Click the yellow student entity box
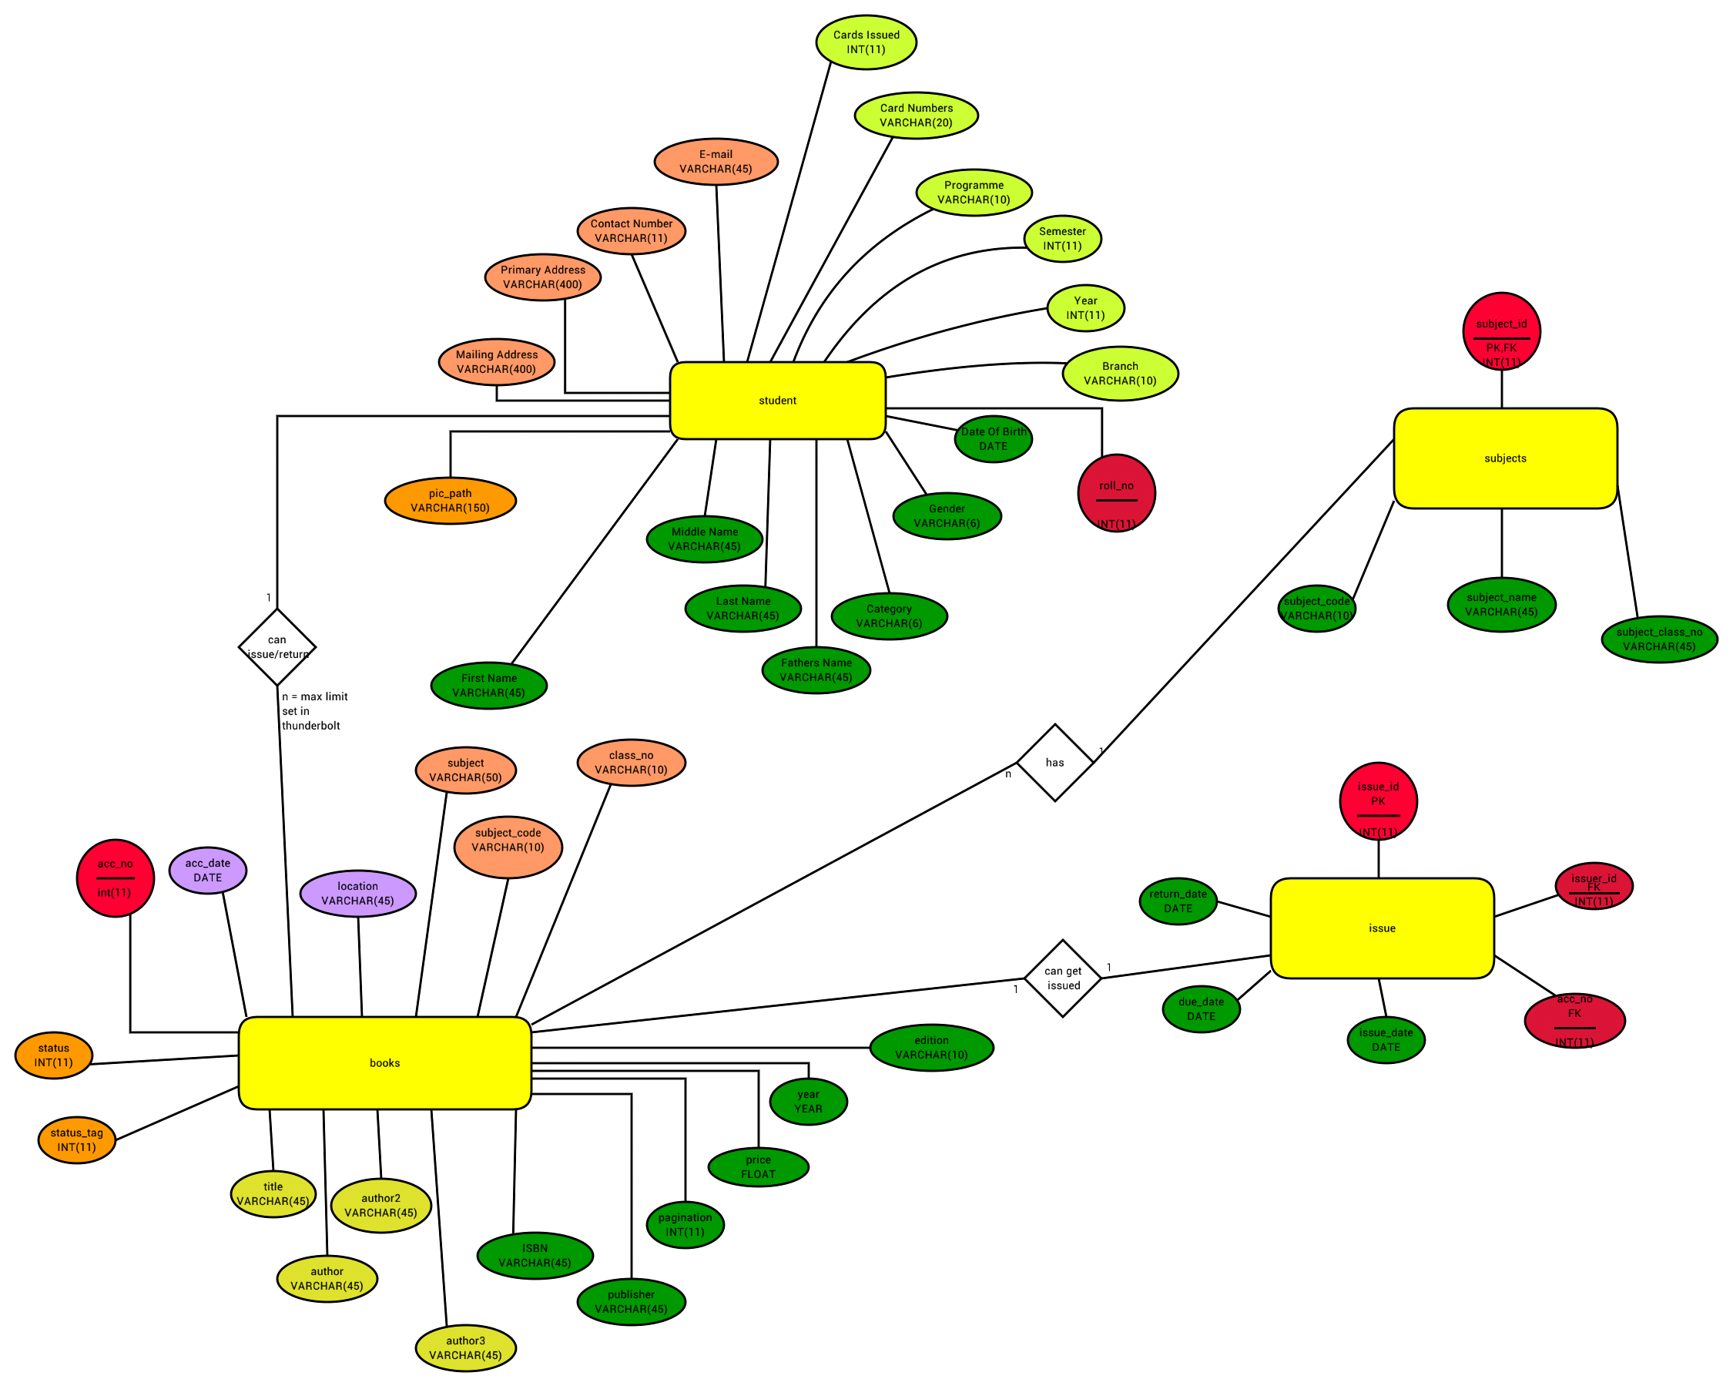pos(777,401)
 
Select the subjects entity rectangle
pos(1505,458)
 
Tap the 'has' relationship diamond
pos(1054,763)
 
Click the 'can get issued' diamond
pos(1063,978)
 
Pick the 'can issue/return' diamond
pos(277,646)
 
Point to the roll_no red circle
pos(1117,493)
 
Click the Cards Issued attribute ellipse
pos(866,42)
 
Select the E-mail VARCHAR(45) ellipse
pos(716,161)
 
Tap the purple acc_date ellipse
pos(207,870)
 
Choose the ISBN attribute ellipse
pos(535,1255)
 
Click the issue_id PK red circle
pos(1378,801)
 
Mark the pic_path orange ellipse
pos(450,500)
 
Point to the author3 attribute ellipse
pos(465,1347)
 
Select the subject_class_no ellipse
pos(1659,639)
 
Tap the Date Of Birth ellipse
pos(994,439)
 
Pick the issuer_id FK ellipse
pos(1593,886)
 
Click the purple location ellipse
pos(357,894)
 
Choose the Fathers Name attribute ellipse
pos(816,669)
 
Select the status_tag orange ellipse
pos(76,1139)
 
